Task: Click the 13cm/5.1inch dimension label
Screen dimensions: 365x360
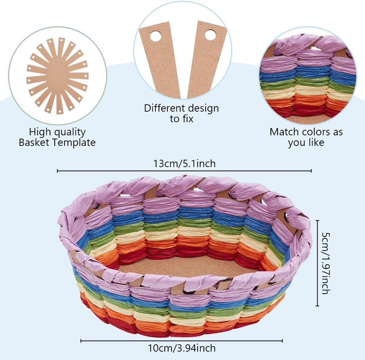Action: (184, 164)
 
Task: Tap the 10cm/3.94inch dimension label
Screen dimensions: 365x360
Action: (182, 348)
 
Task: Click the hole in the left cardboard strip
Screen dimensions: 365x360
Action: (155, 36)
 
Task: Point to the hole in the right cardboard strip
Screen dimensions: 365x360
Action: (210, 35)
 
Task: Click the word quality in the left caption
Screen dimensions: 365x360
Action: (69, 132)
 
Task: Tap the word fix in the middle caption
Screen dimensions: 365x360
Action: (187, 119)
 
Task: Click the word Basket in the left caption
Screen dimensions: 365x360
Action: (35, 142)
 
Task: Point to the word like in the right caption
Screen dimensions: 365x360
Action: (317, 143)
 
